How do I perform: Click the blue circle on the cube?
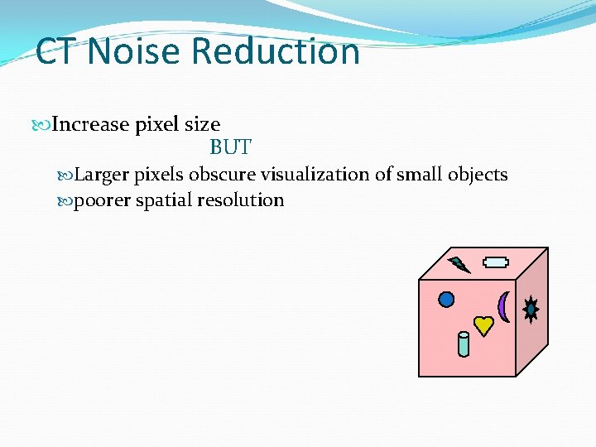pyautogui.click(x=446, y=299)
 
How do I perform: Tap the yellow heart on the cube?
pyautogui.click(x=483, y=324)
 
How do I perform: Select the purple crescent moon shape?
pyautogui.click(x=502, y=306)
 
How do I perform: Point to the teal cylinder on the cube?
pyautogui.click(x=464, y=344)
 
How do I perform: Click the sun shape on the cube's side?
pyautogui.click(x=531, y=310)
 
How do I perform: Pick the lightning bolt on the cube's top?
pyautogui.click(x=459, y=265)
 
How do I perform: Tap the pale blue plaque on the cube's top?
pyautogui.click(x=496, y=263)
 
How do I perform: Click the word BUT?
pyautogui.click(x=230, y=148)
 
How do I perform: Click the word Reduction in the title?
pyautogui.click(x=276, y=51)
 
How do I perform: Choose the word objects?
pyautogui.click(x=478, y=175)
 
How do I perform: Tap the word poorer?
pyautogui.click(x=101, y=200)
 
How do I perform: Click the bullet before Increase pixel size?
pyautogui.click(x=45, y=125)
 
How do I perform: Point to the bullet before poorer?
pyautogui.click(x=66, y=200)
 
